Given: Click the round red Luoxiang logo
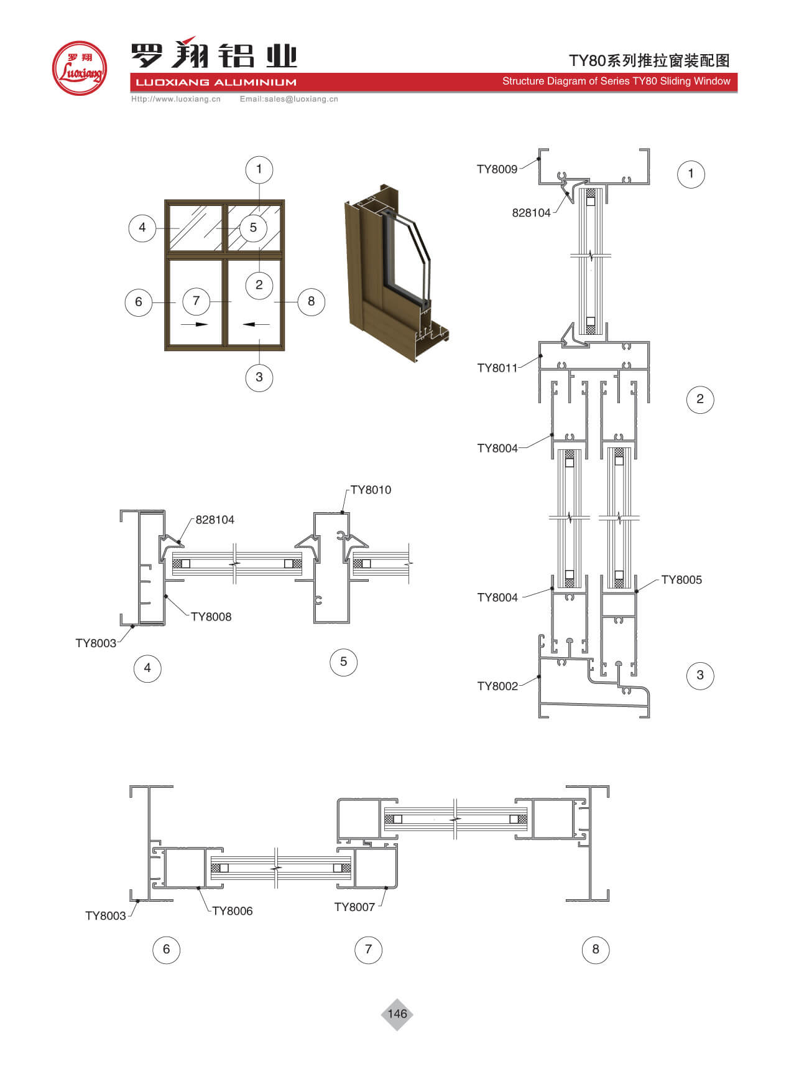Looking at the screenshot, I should point(79,68).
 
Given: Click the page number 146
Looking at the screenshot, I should point(397,1014).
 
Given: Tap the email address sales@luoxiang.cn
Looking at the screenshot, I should point(289,99).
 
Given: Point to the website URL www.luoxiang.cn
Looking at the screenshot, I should point(176,99).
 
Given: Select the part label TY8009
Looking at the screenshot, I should point(497,169).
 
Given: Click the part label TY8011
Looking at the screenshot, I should point(497,368).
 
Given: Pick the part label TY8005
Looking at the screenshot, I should point(681,580).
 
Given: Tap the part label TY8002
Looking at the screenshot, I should point(497,686).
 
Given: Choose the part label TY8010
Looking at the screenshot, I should point(371,490).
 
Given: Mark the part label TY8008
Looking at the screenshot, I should point(211,617).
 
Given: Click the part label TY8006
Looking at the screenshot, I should point(232,911).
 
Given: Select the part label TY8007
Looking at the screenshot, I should point(354,907).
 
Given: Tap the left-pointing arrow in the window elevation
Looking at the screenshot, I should point(256,324).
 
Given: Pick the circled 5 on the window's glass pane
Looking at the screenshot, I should point(253,228).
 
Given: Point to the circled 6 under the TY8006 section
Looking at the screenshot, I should point(166,950).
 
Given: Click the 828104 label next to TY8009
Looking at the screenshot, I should point(531,213).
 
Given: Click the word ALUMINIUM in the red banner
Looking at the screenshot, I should point(255,82).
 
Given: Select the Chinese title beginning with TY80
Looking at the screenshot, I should point(649,60).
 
